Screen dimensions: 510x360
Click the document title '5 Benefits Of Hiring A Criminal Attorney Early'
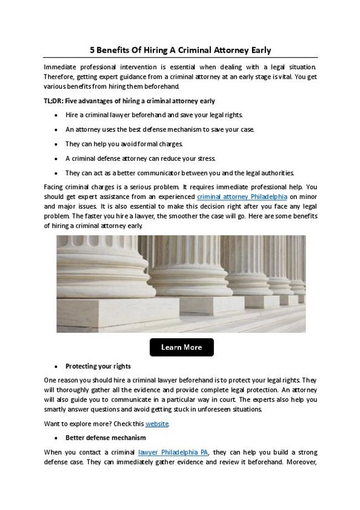[181, 50]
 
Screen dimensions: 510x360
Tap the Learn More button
[181, 348]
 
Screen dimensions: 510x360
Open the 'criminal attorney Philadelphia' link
[241, 197]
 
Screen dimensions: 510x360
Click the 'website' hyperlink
[157, 424]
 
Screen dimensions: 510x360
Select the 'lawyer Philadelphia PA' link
[173, 452]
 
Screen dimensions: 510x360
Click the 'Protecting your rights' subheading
[98, 366]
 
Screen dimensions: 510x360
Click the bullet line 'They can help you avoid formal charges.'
[124, 144]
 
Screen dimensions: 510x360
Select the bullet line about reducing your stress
[140, 158]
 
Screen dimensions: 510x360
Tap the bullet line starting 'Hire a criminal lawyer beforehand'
[154, 115]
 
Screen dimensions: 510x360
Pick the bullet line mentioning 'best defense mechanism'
[160, 129]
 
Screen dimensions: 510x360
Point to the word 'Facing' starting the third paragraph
[54, 187]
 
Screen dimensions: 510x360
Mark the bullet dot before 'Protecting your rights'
[57, 367]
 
